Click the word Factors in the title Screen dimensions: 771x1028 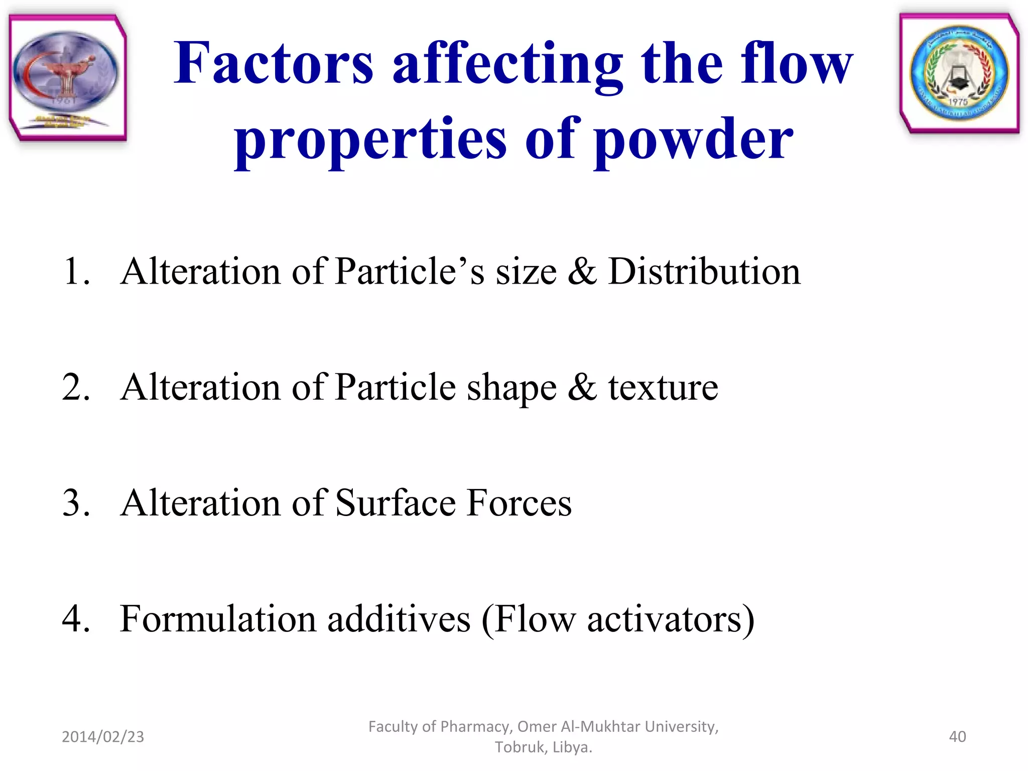point(274,64)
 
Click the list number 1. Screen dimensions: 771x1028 point(75,271)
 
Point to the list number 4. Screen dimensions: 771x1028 point(75,618)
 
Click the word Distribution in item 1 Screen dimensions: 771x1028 point(704,271)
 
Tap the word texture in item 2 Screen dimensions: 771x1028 point(663,388)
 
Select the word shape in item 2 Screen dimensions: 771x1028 point(511,388)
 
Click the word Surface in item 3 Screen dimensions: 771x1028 point(395,502)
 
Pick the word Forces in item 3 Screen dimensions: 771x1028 point(519,502)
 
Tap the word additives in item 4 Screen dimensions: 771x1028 point(399,618)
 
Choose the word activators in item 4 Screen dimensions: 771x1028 point(665,618)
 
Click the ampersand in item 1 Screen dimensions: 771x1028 point(582,271)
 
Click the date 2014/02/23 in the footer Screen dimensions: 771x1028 point(103,736)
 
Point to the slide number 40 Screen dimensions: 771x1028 point(957,736)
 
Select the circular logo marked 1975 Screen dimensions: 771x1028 point(959,73)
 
